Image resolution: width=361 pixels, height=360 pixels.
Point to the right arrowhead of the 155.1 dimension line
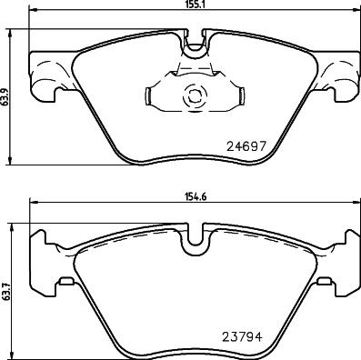pos(348,12)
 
